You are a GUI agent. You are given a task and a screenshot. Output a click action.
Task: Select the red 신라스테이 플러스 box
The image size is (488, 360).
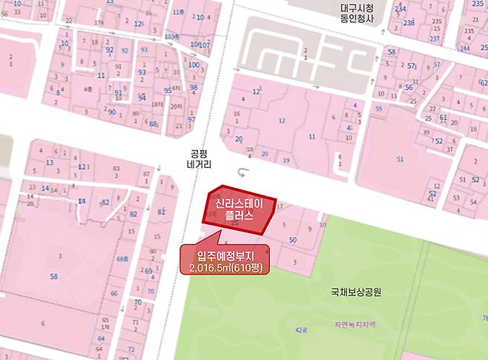point(240,210)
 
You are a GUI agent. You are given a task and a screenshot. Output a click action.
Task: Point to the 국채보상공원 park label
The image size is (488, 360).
point(356,292)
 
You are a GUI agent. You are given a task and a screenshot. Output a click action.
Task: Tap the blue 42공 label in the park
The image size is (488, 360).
point(301,328)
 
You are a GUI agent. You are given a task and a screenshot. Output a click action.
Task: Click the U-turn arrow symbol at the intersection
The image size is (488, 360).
point(243,172)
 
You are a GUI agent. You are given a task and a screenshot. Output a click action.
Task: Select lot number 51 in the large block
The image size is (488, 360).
point(400,159)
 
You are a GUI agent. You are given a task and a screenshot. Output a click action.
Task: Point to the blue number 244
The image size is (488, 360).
point(464,48)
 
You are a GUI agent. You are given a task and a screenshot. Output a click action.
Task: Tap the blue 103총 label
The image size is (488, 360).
point(171,36)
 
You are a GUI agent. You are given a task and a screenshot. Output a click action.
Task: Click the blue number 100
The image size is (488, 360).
point(194,65)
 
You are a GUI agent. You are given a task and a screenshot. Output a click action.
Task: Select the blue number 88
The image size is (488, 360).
point(153,124)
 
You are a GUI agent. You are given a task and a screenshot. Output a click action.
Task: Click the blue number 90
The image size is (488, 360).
point(112,112)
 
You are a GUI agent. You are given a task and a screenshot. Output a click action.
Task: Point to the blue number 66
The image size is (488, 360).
point(113,294)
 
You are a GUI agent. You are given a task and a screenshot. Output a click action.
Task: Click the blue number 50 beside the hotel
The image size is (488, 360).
point(293,240)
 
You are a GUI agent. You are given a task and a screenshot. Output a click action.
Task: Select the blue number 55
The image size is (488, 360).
point(378,108)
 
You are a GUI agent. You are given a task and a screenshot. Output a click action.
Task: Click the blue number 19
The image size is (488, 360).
point(286,160)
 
